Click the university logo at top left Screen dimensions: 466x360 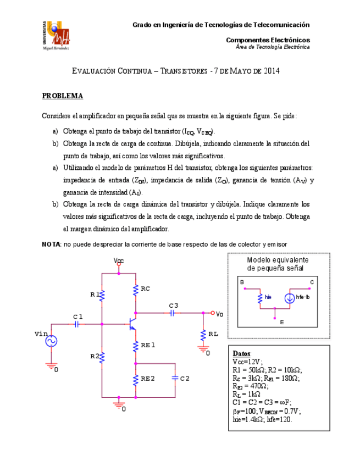pos(56,35)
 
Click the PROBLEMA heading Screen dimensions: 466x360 pos(63,96)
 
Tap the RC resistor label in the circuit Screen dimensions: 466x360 pos(146,289)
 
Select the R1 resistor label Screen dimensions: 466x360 pos(95,295)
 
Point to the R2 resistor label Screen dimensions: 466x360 pos(95,356)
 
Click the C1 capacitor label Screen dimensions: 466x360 pos(78,317)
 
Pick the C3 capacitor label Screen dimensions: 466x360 pos(174,305)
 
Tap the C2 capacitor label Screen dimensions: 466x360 pos(185,379)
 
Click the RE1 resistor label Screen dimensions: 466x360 pos(148,345)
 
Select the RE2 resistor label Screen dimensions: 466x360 pos(148,379)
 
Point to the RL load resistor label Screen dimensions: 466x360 pos(213,334)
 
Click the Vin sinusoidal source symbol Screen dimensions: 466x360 pos(54,341)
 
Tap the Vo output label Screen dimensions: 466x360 pos(219,314)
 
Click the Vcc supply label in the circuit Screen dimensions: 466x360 pos(119,260)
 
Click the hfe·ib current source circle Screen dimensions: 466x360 pos(289,298)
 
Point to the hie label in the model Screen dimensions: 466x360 pos(268,297)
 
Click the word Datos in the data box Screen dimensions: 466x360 pos(242,353)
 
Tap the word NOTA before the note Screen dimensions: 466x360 pos(52,244)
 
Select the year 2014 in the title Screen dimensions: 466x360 pos(272,71)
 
